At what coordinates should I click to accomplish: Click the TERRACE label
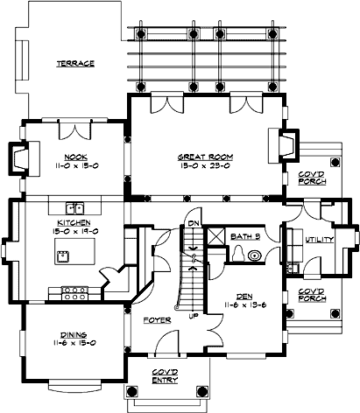[x=76, y=63]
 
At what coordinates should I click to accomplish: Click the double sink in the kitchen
[x=77, y=208]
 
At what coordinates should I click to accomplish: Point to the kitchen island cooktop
[x=64, y=256]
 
